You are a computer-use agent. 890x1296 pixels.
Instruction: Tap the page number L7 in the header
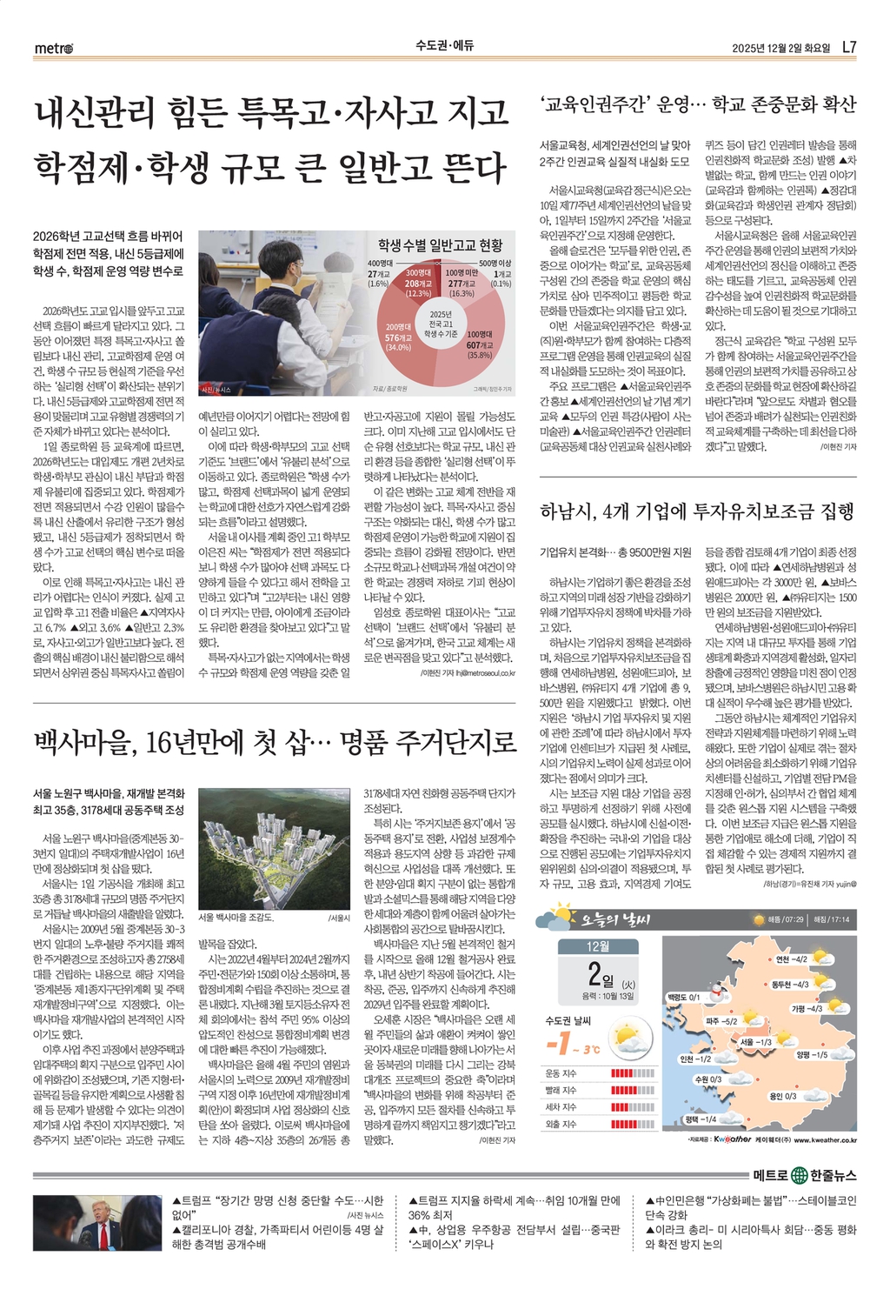point(849,47)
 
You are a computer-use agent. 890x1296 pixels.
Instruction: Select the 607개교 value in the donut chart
point(480,345)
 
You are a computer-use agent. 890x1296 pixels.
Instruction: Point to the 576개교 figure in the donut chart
point(398,337)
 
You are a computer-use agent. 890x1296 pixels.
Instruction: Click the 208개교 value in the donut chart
point(418,284)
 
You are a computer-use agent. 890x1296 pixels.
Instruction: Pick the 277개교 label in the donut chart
point(462,284)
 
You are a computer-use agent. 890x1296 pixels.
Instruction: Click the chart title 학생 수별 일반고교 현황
point(440,245)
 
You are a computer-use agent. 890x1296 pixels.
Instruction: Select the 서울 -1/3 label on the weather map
point(755,1041)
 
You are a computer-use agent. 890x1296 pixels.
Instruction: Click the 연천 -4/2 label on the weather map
point(791,959)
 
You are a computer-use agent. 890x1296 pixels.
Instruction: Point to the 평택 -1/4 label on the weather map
point(701,1119)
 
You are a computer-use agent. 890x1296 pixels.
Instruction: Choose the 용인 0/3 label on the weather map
point(782,1096)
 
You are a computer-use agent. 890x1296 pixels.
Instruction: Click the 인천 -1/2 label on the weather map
point(695,1059)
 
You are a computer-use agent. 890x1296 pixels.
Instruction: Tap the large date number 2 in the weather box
point(594,974)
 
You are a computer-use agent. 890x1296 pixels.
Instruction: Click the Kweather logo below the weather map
point(732,1139)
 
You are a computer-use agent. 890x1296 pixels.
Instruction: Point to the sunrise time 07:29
point(787,919)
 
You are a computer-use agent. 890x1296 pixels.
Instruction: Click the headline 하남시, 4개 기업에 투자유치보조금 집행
point(697,511)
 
